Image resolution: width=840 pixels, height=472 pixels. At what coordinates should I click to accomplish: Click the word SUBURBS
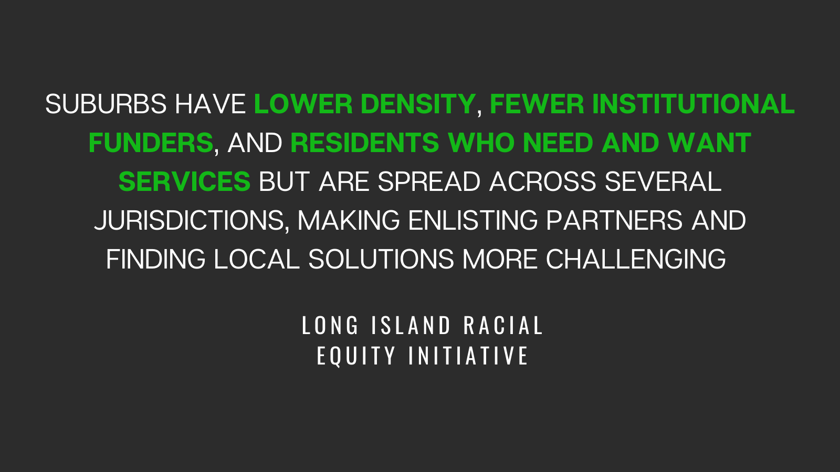point(106,104)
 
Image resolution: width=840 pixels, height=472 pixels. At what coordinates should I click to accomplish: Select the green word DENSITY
point(418,104)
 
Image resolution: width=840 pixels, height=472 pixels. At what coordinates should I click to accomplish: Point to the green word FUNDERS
point(151,143)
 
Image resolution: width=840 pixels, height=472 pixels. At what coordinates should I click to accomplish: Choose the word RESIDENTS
point(365,143)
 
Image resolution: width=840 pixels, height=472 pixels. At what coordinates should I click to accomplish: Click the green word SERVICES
point(184,181)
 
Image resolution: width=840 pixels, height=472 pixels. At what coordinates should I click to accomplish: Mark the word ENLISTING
point(473,221)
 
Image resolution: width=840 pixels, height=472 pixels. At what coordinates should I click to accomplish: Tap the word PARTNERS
point(614,221)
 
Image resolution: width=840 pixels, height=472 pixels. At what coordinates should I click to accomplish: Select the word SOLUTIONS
point(381,259)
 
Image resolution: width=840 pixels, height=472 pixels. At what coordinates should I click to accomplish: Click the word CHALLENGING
point(636,259)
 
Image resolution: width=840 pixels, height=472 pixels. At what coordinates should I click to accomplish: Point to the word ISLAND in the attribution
point(411,325)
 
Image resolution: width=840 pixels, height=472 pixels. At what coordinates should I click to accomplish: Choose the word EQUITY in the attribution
point(356,356)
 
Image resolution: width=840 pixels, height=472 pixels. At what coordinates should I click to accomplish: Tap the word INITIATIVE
point(468,356)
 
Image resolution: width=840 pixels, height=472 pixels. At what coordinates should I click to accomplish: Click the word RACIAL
point(503,325)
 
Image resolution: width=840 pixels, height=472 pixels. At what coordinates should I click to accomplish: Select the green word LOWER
point(303,104)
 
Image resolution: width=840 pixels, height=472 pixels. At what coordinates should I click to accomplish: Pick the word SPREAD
point(429,181)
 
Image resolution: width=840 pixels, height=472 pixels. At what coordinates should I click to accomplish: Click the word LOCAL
point(257,259)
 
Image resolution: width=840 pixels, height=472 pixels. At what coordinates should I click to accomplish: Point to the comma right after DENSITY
point(479,112)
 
